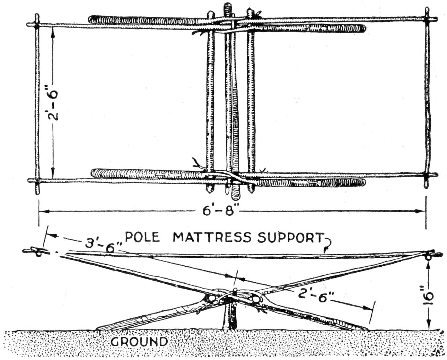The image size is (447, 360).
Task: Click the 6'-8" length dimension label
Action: (x=219, y=211)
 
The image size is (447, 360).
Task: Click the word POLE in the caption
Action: (x=142, y=237)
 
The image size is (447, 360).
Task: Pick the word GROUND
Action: (x=139, y=341)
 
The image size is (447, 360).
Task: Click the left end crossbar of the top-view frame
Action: (x=37, y=104)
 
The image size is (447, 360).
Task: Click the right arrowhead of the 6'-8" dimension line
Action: (x=422, y=211)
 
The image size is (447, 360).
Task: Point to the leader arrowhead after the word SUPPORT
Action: (x=325, y=250)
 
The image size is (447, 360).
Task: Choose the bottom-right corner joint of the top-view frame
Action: (x=427, y=175)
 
